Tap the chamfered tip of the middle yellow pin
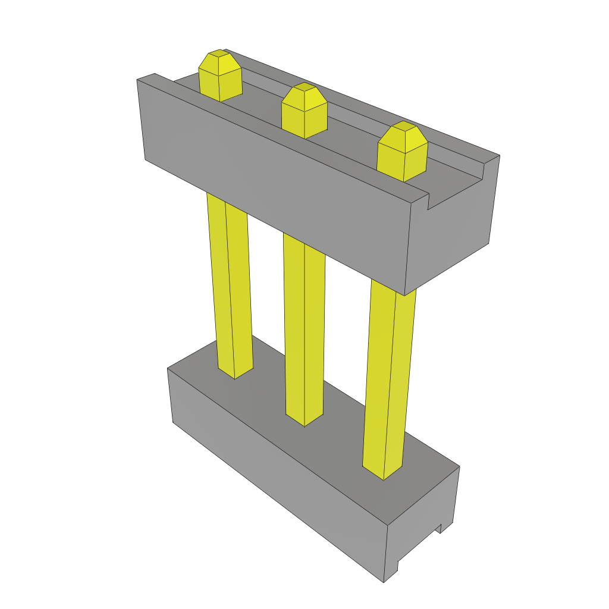pyautogui.click(x=304, y=93)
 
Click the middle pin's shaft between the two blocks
pyautogui.click(x=304, y=327)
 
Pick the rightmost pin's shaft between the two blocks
pyautogui.click(x=390, y=369)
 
